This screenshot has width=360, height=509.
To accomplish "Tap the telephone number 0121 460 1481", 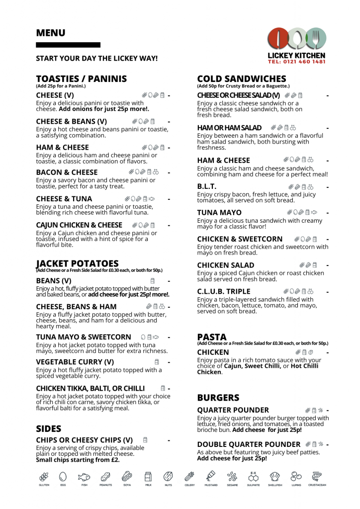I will tap(296, 62).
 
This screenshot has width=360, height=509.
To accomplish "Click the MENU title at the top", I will tap(50, 33).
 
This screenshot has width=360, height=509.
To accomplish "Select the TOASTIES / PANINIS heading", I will tap(81, 79).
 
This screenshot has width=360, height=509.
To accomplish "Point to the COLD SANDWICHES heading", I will tap(241, 79).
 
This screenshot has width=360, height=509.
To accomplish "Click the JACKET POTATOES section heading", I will tap(78, 263).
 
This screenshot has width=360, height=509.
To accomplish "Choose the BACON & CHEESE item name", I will tap(67, 172).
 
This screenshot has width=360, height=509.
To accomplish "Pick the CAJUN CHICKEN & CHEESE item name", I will tap(79, 225).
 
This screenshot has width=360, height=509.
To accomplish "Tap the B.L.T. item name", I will tap(207, 187).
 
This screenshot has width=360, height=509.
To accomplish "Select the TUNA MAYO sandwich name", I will tap(219, 213).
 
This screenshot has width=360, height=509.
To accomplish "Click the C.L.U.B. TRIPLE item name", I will tap(224, 291).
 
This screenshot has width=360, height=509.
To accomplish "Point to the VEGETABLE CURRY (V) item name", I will tap(75, 362).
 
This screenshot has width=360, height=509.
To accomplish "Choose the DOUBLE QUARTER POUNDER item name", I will tap(249, 444).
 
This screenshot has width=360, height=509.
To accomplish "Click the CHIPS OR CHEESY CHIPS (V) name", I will tap(84, 440).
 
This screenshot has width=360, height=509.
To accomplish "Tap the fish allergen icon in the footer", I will tap(84, 477).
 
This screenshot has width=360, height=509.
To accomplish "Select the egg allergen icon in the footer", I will tap(63, 477).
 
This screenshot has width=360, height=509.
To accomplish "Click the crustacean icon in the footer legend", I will tap(317, 477).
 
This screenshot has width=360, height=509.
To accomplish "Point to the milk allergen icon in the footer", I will tap(148, 477).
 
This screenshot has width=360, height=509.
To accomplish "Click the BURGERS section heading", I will tap(218, 398).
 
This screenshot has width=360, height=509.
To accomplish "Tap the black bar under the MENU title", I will tap(68, 45).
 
